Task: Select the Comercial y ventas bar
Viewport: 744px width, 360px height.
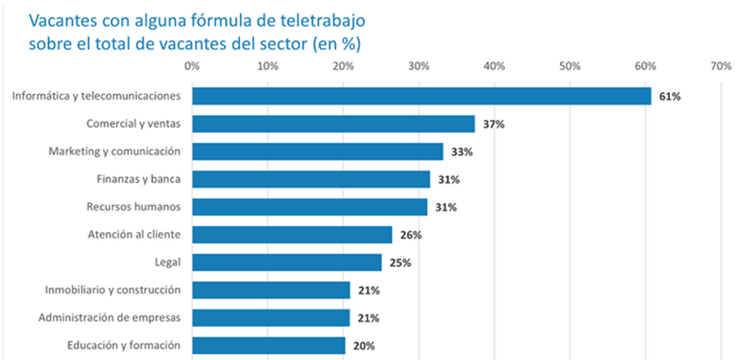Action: click(334, 124)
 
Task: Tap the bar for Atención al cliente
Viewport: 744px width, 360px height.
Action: click(292, 235)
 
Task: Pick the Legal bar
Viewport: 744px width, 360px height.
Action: click(287, 262)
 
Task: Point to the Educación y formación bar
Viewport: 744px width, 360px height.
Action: click(269, 346)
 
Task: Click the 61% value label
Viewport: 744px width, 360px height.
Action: click(670, 97)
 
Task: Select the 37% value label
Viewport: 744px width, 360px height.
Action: click(494, 125)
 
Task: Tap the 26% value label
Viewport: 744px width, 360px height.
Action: click(411, 235)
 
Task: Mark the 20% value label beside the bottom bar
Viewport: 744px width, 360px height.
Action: click(364, 346)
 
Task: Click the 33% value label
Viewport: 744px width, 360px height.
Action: click(462, 152)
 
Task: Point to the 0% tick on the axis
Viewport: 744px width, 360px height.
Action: click(192, 66)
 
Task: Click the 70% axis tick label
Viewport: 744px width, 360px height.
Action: click(720, 66)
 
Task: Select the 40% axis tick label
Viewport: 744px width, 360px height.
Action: click(494, 66)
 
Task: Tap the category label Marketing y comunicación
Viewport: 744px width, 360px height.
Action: click(114, 151)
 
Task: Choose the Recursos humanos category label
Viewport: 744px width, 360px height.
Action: click(133, 207)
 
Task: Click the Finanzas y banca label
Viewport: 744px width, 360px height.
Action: click(138, 179)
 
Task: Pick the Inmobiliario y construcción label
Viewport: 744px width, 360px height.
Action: click(113, 290)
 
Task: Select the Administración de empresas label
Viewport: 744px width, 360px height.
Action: click(109, 317)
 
